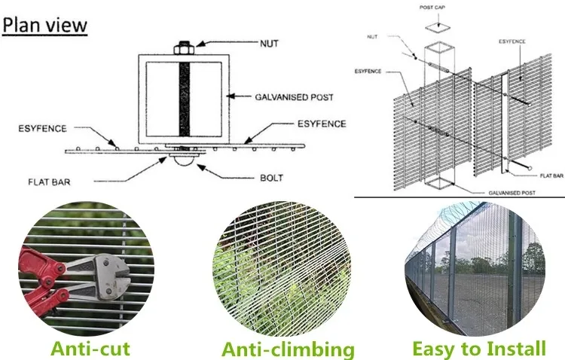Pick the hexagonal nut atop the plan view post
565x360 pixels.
[x=184, y=49]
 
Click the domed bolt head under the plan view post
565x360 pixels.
[x=184, y=161]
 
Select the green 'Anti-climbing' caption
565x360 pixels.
[x=288, y=349]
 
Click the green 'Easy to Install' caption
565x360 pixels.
[x=479, y=349]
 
